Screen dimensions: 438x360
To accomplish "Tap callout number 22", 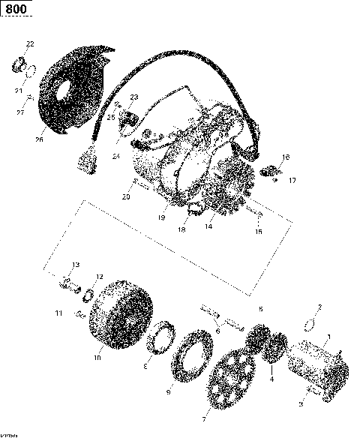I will (30, 44).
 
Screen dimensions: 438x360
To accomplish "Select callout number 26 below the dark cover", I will (40, 139).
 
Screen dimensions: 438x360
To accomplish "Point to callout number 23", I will (134, 97).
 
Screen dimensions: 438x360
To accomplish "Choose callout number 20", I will (126, 197).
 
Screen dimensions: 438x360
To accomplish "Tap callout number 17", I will (292, 180).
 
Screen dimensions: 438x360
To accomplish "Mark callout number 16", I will (259, 232).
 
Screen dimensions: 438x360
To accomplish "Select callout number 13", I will (75, 265).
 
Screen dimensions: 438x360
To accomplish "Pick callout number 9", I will (168, 391).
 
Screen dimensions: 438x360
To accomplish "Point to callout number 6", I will (217, 330).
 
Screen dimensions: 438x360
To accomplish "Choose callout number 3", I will (301, 403).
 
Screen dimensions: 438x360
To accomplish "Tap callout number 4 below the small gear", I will (272, 379).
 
